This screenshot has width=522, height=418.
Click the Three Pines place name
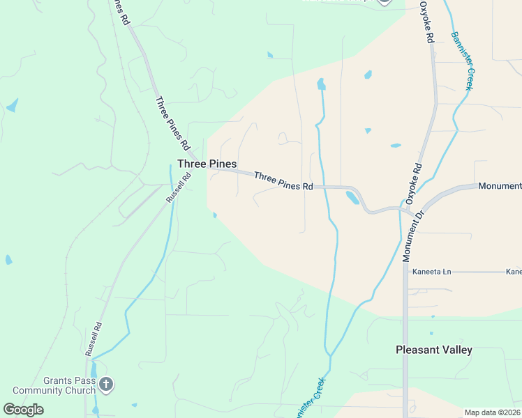[x=207, y=164]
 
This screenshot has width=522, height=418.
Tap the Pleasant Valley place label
[x=433, y=350]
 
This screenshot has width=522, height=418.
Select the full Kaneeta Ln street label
[x=432, y=271]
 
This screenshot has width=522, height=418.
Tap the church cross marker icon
[x=106, y=383]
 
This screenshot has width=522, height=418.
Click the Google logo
[x=23, y=409]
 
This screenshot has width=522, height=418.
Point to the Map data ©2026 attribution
[x=492, y=412]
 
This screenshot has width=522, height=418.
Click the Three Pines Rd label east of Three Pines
[x=283, y=181]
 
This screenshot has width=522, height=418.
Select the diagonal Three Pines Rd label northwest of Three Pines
[x=172, y=123]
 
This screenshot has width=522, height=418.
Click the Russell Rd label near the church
[x=94, y=339]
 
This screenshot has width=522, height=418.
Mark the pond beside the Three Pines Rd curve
[x=352, y=198]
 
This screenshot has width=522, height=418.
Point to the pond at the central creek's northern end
[x=321, y=84]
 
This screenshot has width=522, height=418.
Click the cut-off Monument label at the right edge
[x=500, y=186]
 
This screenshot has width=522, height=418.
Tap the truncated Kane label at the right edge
[x=514, y=271]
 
